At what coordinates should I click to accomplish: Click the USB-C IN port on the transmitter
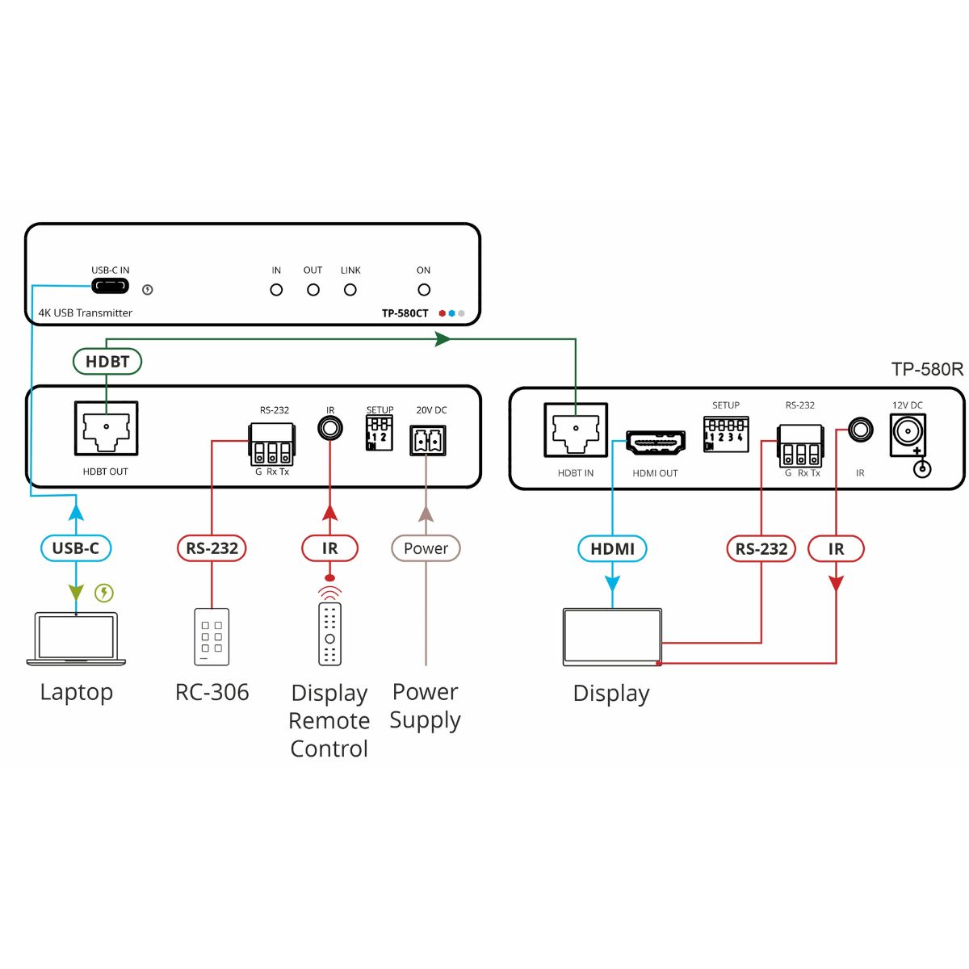tap(110, 287)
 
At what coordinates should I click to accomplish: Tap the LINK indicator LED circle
tap(350, 290)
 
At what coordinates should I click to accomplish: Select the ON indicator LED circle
tap(424, 290)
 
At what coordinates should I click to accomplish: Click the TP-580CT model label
tap(405, 313)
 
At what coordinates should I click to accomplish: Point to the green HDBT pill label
tap(107, 362)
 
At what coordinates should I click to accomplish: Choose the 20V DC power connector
tap(428, 441)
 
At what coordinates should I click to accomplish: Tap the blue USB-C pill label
tap(76, 548)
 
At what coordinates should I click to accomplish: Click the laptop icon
tap(77, 639)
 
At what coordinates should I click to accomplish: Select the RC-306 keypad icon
tap(212, 636)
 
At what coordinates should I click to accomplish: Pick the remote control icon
tap(329, 632)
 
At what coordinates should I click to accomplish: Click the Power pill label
tap(426, 548)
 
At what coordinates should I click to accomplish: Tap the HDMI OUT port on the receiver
tap(656, 442)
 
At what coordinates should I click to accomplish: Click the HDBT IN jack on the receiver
tap(576, 431)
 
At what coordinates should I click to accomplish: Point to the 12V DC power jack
tap(908, 434)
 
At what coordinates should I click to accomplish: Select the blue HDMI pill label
tap(613, 549)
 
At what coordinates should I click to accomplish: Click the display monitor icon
tap(612, 637)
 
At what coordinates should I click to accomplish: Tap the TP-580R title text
tap(927, 370)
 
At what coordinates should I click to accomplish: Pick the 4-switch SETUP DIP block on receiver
tap(726, 434)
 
